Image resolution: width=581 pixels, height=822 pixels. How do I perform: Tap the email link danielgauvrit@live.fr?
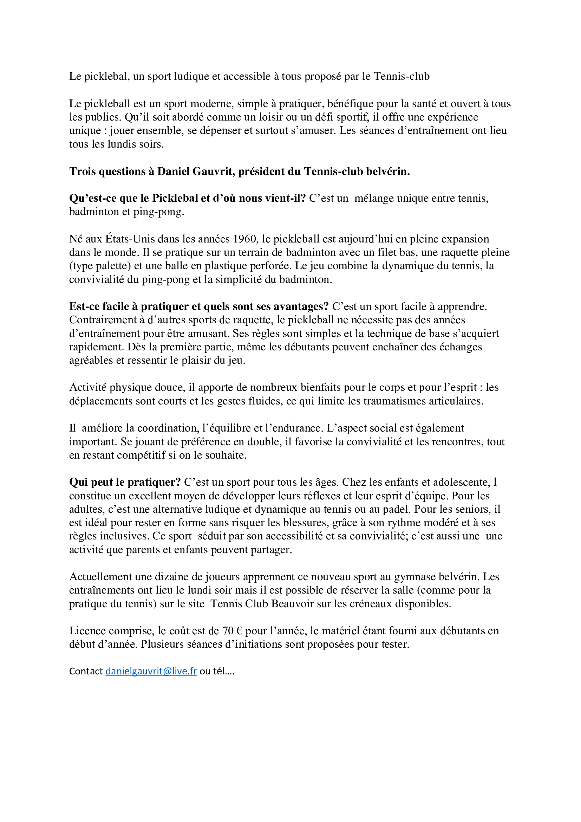(151, 671)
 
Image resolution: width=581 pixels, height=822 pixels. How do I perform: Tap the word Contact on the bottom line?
(86, 671)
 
